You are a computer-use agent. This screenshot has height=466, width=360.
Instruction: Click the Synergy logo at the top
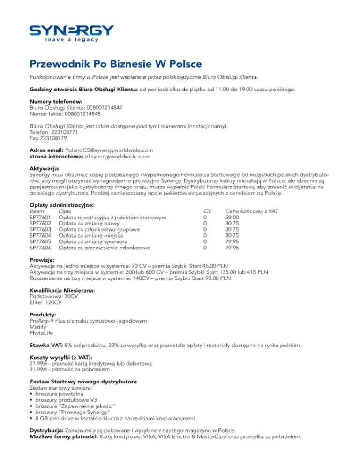click(71, 33)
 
